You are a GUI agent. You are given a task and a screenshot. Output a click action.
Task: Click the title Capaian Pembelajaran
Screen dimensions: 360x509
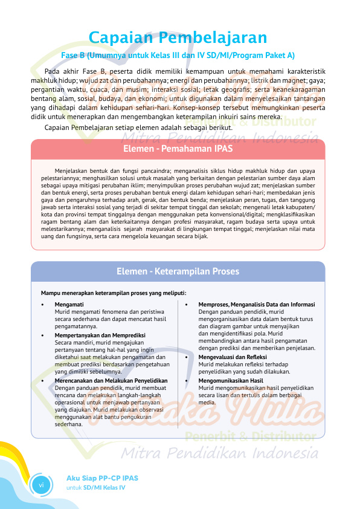point(182,38)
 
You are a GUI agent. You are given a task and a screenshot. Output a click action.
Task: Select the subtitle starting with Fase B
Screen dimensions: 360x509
point(178,56)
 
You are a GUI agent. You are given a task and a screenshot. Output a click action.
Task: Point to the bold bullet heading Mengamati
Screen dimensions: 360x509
point(69,304)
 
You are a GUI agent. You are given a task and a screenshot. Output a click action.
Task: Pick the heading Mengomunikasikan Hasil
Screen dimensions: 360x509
point(231,381)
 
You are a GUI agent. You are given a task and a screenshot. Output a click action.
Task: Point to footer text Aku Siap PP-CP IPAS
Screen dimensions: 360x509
point(102,478)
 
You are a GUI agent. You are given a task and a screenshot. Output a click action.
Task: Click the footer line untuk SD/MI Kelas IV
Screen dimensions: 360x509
point(95,487)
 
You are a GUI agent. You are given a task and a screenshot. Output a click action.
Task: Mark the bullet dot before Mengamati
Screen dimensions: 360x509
point(42,305)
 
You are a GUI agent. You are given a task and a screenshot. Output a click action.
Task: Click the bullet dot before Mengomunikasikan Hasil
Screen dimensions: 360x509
point(186,381)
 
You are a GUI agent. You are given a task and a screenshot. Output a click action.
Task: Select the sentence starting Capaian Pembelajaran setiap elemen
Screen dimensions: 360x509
point(138,128)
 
